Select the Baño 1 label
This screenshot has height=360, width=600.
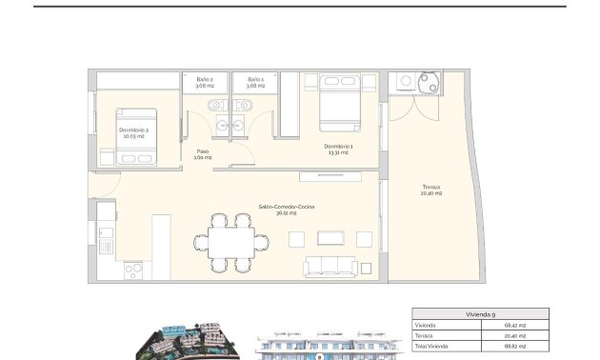click(x=255, y=83)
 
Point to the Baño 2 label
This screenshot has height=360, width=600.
click(x=205, y=83)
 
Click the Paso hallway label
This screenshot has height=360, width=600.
click(x=203, y=154)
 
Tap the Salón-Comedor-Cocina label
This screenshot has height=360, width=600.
click(x=286, y=210)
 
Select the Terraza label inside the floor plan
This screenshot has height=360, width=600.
click(x=431, y=190)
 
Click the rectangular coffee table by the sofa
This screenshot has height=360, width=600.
click(x=334, y=238)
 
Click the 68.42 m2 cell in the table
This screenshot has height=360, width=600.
click(x=515, y=326)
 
